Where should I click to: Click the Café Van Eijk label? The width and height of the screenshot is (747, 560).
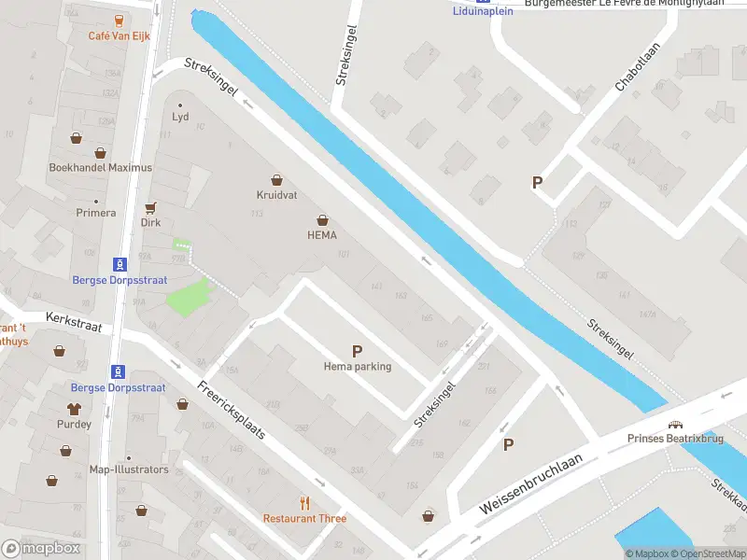point(119,35)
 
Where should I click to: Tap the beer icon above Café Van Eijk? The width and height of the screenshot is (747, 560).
point(119,20)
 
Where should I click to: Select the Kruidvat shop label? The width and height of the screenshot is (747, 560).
point(276,195)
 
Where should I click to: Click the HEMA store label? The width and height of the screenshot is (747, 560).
point(321,235)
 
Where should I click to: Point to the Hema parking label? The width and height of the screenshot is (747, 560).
point(358,367)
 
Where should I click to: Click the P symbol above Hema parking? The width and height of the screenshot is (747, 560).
point(357,351)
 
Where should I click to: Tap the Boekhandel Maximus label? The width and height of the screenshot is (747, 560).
point(101,168)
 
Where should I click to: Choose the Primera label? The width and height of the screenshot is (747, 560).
point(96,213)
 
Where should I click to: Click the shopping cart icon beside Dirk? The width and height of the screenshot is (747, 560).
point(150,208)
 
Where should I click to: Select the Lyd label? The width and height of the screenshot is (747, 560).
point(180,118)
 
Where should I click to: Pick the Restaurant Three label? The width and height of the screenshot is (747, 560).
point(304,519)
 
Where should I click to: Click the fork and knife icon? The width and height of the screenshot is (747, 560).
point(304,503)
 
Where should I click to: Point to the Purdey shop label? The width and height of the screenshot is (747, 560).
point(74,424)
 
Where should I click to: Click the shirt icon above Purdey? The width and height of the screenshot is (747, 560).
point(74,408)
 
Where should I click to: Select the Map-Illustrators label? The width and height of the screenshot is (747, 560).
point(129,469)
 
